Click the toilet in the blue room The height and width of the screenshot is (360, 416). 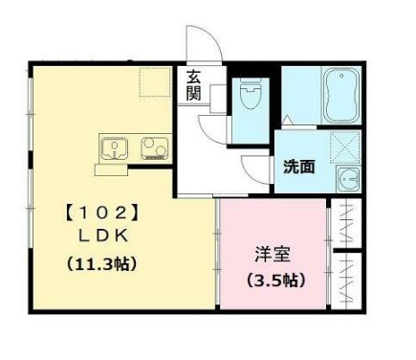click(x=250, y=94)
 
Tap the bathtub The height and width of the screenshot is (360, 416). click(x=341, y=96)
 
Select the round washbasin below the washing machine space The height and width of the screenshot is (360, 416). click(x=348, y=179)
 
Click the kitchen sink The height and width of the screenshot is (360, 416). click(x=115, y=148)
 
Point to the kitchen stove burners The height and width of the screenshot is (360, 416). click(x=154, y=148)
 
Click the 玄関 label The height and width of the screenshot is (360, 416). click(x=193, y=85)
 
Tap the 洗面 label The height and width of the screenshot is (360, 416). click(x=299, y=167)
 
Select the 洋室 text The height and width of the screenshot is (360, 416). click(x=273, y=255)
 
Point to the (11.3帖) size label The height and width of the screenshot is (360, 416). click(x=102, y=263)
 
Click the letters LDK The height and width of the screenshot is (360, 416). click(x=103, y=236)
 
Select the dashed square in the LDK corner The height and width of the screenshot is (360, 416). click(x=155, y=81)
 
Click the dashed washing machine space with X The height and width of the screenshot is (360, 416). click(x=345, y=147)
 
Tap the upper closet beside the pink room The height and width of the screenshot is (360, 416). click(x=345, y=223)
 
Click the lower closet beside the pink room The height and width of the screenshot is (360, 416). click(x=345, y=281)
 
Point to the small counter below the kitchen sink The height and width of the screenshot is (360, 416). click(x=111, y=169)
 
